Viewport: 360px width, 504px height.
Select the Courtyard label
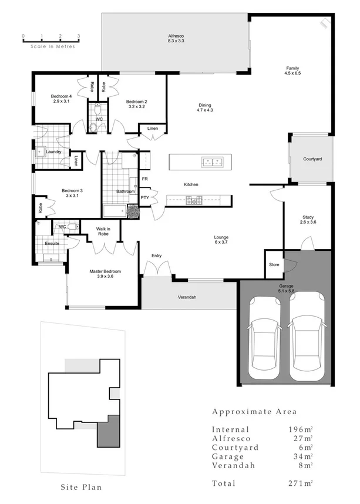pyautogui.click(x=312, y=159)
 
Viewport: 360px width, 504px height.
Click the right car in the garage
pyautogui.click(x=305, y=339)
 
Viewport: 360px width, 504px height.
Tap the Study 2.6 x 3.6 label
pyautogui.click(x=308, y=219)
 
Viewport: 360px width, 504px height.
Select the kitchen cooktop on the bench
pyautogui.click(x=194, y=200)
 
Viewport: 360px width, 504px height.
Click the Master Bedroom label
pyautogui.click(x=105, y=274)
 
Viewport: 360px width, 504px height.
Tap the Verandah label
pyautogui.click(x=187, y=297)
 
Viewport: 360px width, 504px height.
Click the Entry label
pyautogui.click(x=156, y=256)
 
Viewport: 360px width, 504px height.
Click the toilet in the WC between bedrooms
pyautogui.click(x=99, y=110)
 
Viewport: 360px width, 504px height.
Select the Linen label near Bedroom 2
pyautogui.click(x=153, y=129)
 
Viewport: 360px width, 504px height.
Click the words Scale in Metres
pyautogui.click(x=53, y=46)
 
